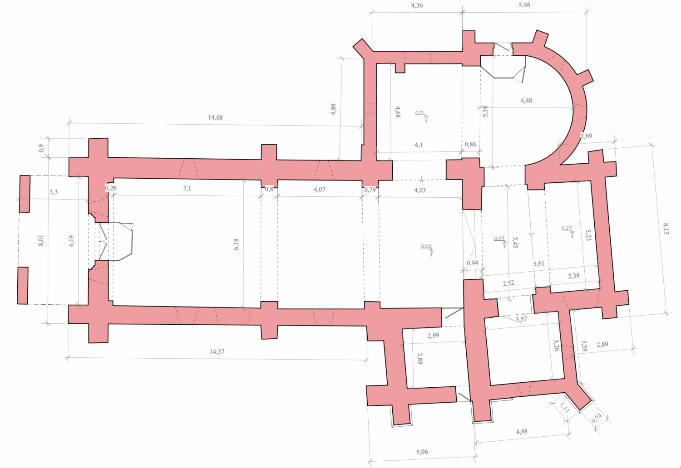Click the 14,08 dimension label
pos(215,117)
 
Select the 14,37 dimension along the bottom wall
pos(217,352)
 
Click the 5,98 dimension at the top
pos(524,5)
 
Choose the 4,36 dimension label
pos(417,5)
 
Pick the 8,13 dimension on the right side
pos(666,229)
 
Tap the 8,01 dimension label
pos(41,240)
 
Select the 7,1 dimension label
pos(187,189)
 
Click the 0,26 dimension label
pos(111,188)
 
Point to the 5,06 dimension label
pos(422,452)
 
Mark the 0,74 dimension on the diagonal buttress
pos(597,419)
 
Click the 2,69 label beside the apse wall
pos(586,136)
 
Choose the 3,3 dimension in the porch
pos(54,192)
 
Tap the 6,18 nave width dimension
pos(236,244)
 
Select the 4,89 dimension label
pos(334,109)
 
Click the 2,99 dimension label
pos(433,336)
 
